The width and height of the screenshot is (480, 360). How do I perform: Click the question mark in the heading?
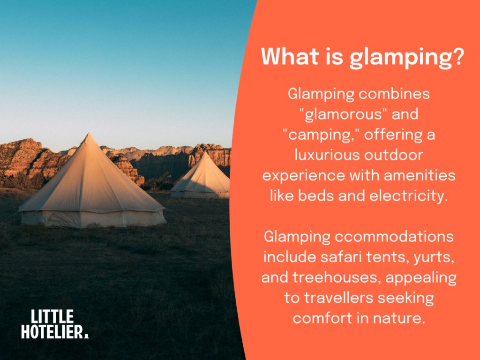[458, 57]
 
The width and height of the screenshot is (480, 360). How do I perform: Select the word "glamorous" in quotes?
[358, 114]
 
